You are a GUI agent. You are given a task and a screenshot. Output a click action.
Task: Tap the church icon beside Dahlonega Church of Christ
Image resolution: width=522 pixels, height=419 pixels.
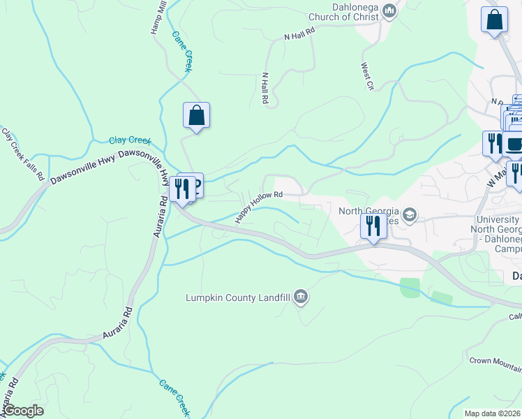pos(390,11)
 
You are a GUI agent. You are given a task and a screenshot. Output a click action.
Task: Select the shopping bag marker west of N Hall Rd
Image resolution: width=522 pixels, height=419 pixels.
pos(197,115)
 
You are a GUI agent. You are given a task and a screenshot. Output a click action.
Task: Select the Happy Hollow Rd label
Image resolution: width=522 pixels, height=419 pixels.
pos(259,206)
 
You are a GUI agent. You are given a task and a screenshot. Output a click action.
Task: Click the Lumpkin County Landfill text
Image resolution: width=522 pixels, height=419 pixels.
pos(237,297)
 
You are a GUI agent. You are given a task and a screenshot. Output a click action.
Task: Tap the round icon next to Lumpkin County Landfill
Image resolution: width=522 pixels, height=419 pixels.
pos(301,297)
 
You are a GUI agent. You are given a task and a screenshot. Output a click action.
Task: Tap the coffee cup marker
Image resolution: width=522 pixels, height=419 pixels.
pos(515,145)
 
